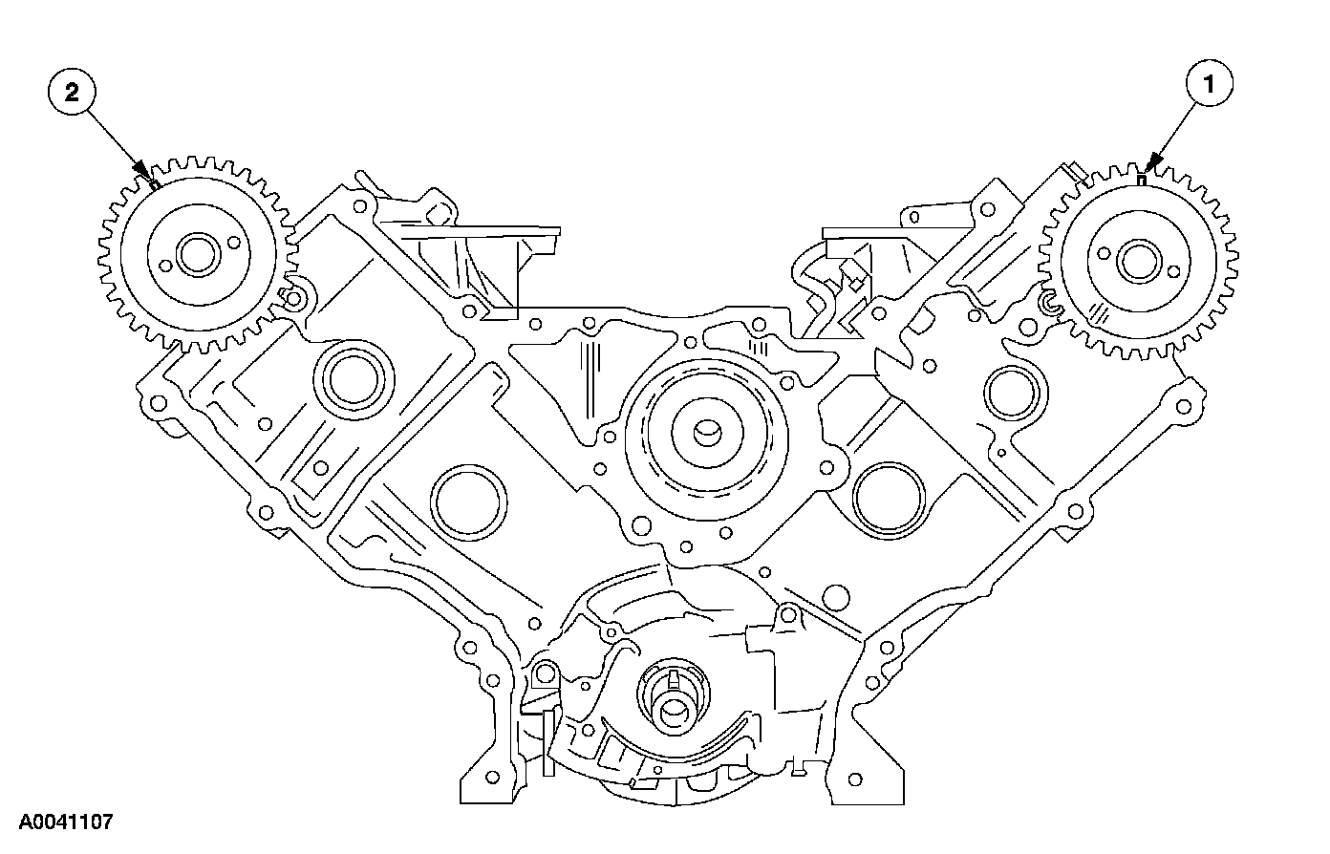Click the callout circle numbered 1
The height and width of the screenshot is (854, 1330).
pyautogui.click(x=1210, y=85)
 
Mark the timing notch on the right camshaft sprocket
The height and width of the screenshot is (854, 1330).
pyautogui.click(x=1143, y=178)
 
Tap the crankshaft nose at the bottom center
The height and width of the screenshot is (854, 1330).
pyautogui.click(x=675, y=708)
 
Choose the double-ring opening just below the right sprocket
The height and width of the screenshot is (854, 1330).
pyautogui.click(x=1006, y=390)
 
